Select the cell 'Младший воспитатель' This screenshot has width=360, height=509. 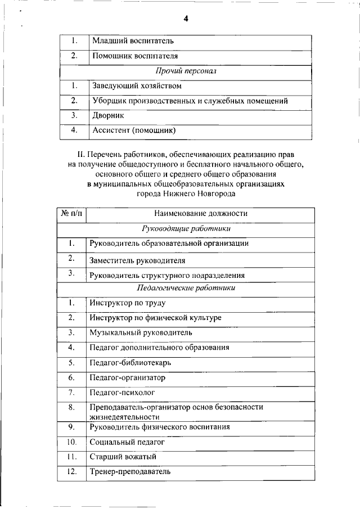133,42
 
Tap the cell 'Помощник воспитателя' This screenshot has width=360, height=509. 134,57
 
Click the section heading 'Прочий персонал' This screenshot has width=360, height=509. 185,72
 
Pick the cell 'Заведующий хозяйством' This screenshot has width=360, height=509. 137,87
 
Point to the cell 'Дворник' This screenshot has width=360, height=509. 108,116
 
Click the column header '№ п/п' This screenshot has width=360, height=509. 71,214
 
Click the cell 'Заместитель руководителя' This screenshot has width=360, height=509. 137,261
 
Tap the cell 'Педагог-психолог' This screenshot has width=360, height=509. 122,392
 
